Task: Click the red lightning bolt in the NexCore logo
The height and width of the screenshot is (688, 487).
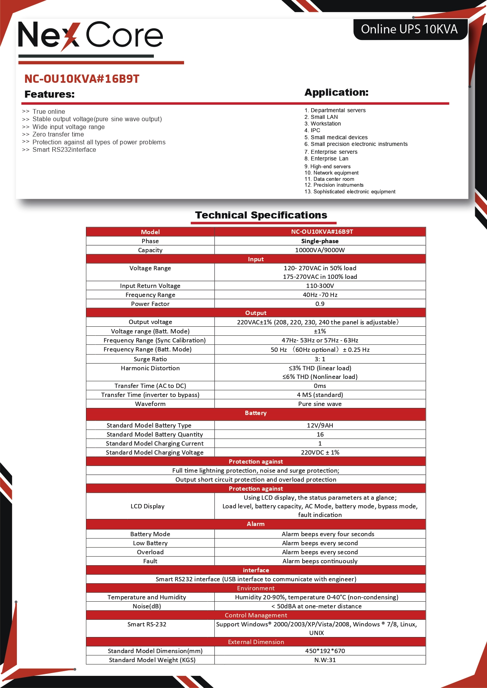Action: (x=70, y=36)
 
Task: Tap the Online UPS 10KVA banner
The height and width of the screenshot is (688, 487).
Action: (x=409, y=29)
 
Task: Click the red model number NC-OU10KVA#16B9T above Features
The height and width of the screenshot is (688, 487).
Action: (x=82, y=79)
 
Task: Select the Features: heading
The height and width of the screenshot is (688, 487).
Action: (x=49, y=95)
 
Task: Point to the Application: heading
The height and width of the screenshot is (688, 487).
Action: (x=336, y=93)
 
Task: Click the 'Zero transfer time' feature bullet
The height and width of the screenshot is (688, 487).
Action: (x=58, y=135)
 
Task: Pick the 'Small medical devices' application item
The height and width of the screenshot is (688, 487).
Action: (x=339, y=137)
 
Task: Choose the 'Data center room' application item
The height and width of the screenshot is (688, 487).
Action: (x=334, y=179)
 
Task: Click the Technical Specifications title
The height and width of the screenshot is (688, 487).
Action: (x=261, y=215)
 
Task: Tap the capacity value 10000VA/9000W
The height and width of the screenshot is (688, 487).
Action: (x=320, y=250)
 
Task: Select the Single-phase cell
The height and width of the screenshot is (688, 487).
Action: (x=320, y=241)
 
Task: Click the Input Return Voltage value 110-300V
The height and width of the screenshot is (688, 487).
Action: (x=320, y=286)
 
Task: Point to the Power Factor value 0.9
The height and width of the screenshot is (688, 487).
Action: (x=320, y=304)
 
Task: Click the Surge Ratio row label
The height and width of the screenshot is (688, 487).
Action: (x=150, y=359)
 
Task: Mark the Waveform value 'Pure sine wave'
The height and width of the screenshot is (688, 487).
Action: (x=320, y=404)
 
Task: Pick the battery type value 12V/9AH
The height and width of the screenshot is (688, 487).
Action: (x=320, y=426)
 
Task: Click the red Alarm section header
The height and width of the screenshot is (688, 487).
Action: (x=256, y=524)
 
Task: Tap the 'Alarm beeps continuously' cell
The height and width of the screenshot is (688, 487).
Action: (x=320, y=561)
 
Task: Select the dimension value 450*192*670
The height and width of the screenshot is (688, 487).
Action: (x=325, y=651)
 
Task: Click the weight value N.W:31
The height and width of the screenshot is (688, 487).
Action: (x=325, y=660)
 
